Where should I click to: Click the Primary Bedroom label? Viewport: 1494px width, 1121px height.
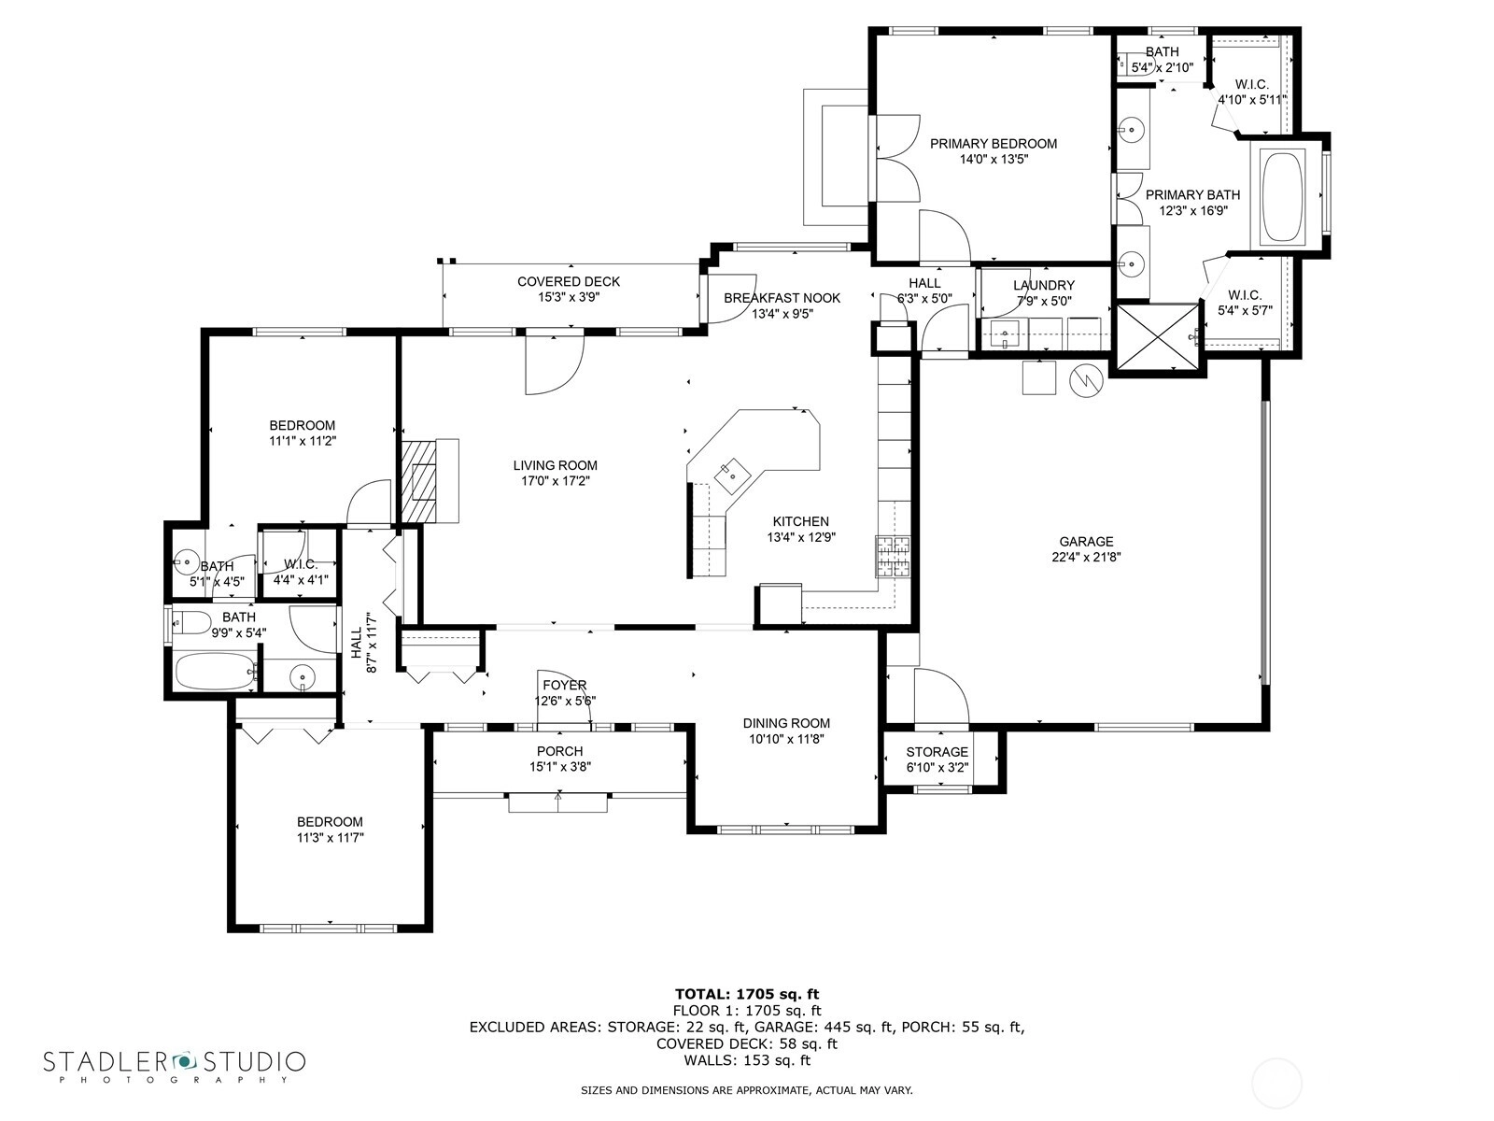(x=994, y=144)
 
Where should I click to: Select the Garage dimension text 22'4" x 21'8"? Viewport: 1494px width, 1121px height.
(x=1086, y=557)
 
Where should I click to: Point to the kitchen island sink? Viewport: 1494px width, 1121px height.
(x=732, y=475)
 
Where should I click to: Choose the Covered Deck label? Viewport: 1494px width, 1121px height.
(x=569, y=281)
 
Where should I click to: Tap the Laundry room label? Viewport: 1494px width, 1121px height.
(x=1043, y=285)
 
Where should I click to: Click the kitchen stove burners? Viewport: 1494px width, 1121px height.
(x=893, y=556)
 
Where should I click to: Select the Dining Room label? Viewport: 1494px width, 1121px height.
(x=786, y=723)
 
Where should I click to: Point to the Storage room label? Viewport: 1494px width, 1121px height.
(x=937, y=751)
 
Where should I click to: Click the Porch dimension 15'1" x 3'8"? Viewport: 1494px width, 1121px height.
(x=559, y=766)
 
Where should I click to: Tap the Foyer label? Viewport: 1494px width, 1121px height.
(x=564, y=685)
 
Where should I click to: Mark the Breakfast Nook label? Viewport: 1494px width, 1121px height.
(x=782, y=297)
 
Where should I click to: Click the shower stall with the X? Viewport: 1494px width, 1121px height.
(x=1158, y=337)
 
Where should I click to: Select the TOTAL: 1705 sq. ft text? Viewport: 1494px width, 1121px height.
(x=747, y=994)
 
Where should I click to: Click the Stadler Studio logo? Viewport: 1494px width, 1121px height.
(x=175, y=1065)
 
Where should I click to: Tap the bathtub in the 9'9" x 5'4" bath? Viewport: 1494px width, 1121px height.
(x=216, y=671)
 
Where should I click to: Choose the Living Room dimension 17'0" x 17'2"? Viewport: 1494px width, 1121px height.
(x=555, y=481)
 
